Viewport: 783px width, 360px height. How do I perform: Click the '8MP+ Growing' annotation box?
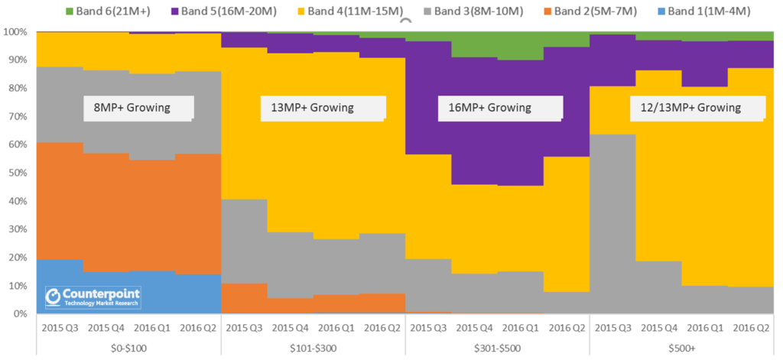tap(138, 108)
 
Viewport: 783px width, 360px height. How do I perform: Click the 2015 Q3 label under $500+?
tap(612, 327)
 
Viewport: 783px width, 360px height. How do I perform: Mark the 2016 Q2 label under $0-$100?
tap(197, 327)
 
